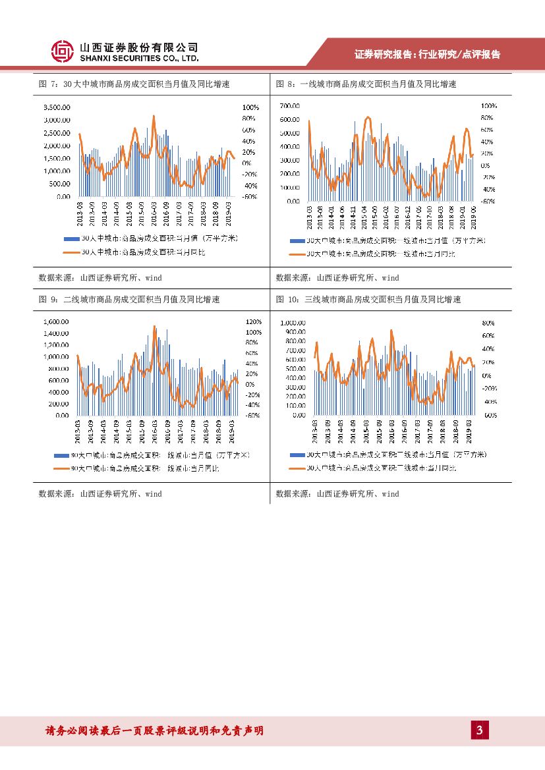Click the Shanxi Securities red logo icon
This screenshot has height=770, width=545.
(63, 51)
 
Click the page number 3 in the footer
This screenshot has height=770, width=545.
(480, 730)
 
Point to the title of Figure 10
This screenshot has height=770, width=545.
(368, 300)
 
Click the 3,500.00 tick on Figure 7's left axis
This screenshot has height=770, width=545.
(57, 107)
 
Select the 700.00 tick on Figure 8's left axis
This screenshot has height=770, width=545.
(290, 106)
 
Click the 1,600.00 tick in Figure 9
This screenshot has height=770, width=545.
(56, 322)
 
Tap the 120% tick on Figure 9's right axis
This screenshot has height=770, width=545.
(254, 322)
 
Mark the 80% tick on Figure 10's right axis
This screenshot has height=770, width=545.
(488, 323)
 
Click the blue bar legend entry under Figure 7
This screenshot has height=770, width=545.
(151, 238)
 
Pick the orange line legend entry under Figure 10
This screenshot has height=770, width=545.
(382, 468)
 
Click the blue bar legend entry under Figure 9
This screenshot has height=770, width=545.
(151, 455)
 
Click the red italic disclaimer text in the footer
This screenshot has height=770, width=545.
(154, 730)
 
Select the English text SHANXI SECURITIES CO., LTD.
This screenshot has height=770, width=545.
(139, 58)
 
